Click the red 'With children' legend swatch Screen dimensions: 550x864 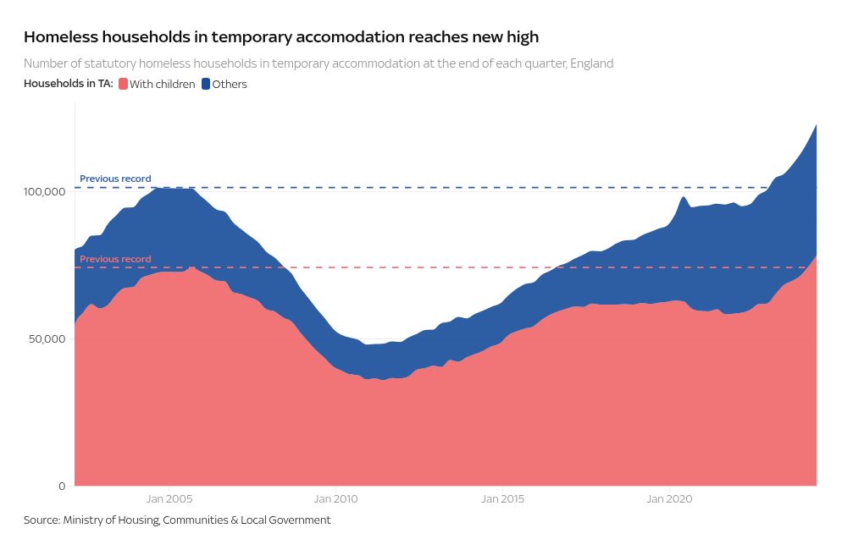tap(123, 84)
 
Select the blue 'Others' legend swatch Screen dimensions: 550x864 tap(206, 84)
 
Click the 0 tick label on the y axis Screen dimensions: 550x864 tap(62, 486)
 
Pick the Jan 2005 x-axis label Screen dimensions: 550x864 tap(167, 499)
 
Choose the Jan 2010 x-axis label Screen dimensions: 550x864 tap(335, 499)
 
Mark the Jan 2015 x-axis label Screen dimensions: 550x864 tap(502, 499)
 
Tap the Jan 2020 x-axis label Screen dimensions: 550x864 tap(669, 499)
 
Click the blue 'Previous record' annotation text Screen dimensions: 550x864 tap(115, 179)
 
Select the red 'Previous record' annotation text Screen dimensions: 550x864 tap(115, 259)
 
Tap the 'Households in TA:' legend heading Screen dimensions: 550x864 tap(69, 84)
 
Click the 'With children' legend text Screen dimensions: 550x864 tap(163, 84)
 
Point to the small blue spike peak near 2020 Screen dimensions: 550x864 tap(683, 197)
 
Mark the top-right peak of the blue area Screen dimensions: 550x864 tap(816, 124)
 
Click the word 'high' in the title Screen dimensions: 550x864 tap(522, 37)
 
